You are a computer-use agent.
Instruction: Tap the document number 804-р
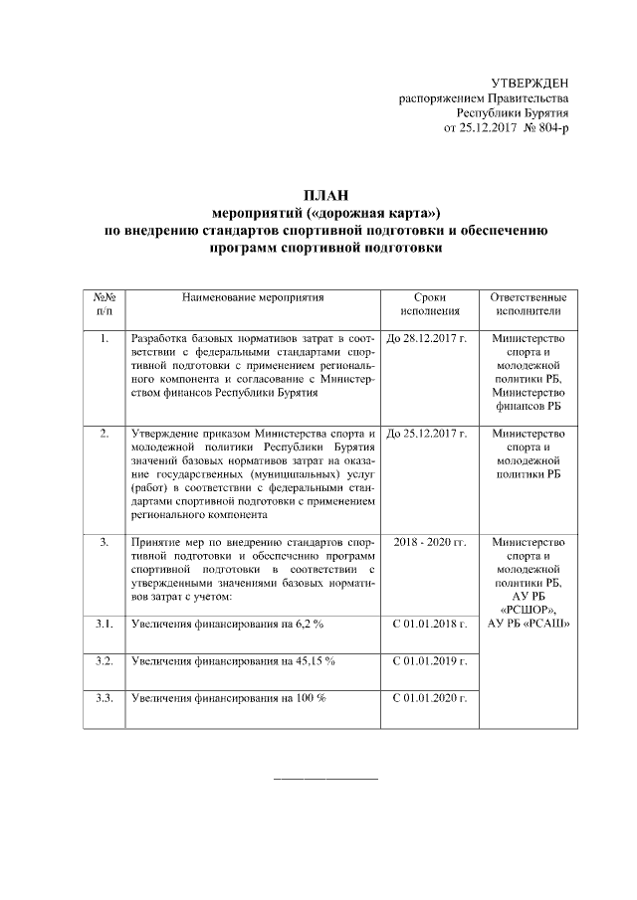point(549,129)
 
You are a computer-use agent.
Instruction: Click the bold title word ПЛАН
point(325,194)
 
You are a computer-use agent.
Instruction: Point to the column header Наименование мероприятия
point(253,297)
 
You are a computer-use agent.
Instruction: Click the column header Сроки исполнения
point(429,304)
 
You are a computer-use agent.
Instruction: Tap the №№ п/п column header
point(105,304)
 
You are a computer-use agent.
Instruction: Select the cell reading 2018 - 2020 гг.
point(429,542)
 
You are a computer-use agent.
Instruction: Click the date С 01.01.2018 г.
point(429,624)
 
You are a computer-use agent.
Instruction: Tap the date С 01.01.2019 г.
point(429,660)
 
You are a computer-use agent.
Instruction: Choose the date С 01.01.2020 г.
point(429,698)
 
